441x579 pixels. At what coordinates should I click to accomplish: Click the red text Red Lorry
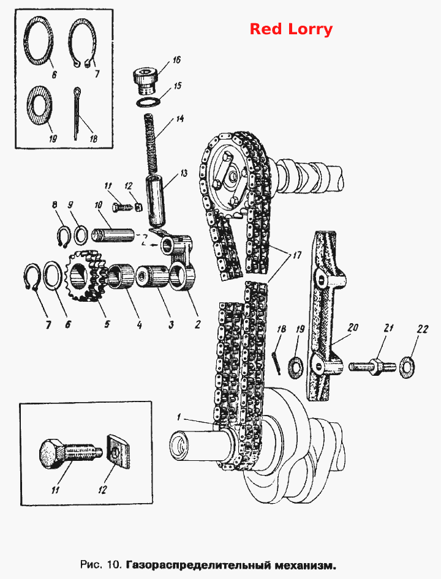tap(291, 29)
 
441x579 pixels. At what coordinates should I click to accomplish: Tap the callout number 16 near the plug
tap(176, 59)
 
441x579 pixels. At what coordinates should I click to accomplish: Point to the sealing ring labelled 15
tap(148, 102)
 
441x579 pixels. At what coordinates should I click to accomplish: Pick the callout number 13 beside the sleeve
tap(183, 173)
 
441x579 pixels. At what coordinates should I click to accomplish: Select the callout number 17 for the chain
tap(297, 255)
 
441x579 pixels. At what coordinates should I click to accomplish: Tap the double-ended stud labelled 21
tap(372, 367)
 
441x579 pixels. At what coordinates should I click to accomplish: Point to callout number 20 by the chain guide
tap(353, 327)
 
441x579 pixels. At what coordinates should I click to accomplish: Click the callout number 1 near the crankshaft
tap(179, 417)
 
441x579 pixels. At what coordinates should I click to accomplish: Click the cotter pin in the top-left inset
tap(77, 113)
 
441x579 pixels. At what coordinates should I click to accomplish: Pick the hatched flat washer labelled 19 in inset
tap(40, 109)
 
